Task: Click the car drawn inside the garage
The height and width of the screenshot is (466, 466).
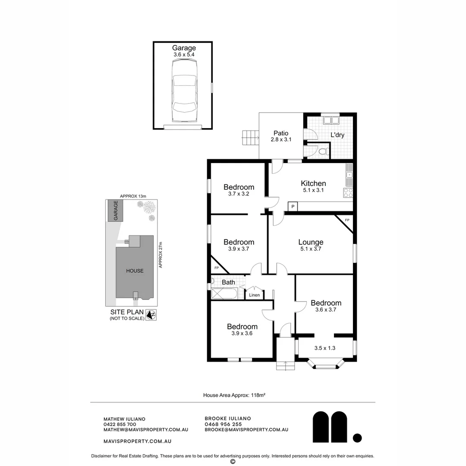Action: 184,90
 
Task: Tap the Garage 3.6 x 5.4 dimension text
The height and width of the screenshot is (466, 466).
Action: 184,55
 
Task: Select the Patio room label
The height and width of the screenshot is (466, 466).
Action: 281,133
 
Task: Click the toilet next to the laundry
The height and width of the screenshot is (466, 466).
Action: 323,151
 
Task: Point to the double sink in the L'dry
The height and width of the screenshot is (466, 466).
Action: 331,120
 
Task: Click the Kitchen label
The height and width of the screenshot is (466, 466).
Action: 313,183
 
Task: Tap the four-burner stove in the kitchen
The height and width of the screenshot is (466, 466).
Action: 348,192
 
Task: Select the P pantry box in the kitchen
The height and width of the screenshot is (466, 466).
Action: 293,206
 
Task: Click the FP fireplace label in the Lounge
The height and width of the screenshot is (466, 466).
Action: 347,220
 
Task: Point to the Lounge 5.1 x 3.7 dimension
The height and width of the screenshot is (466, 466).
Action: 311,249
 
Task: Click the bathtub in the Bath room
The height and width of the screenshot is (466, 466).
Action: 224,294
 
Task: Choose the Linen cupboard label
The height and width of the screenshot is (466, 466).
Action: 255,295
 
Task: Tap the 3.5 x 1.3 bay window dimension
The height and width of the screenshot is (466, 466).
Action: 325,348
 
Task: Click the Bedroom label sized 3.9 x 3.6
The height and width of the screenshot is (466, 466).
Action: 242,327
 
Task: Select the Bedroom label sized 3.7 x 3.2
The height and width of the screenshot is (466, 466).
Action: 239,187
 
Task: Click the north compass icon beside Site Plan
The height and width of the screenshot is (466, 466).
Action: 151,315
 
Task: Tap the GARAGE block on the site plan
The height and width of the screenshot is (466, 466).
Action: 115,211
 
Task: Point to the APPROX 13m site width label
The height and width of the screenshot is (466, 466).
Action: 133,196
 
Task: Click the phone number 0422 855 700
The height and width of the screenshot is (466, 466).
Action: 120,425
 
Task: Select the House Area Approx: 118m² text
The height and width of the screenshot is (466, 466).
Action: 234,395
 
